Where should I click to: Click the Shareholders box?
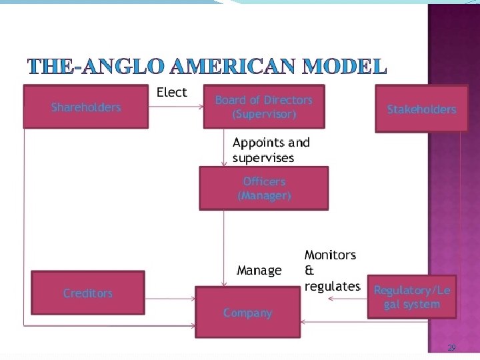coord(86,107)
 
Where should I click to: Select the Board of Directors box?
coord(264,107)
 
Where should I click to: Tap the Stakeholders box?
coord(421,109)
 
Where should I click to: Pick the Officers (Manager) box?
coord(264,188)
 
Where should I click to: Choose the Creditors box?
coord(88,293)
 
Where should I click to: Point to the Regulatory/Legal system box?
coord(412,297)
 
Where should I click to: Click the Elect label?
coord(171,92)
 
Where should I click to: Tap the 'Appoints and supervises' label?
coord(271,150)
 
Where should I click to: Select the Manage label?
coord(259,270)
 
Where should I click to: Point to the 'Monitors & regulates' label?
coord(331,271)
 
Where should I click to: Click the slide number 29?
coord(451,348)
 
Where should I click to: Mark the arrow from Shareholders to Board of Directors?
coord(175,106)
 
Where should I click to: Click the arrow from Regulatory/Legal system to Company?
coord(347,298)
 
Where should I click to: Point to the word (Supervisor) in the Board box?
coord(264,114)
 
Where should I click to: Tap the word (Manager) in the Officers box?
coord(264,195)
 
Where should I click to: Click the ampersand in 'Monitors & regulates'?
coord(309,271)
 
